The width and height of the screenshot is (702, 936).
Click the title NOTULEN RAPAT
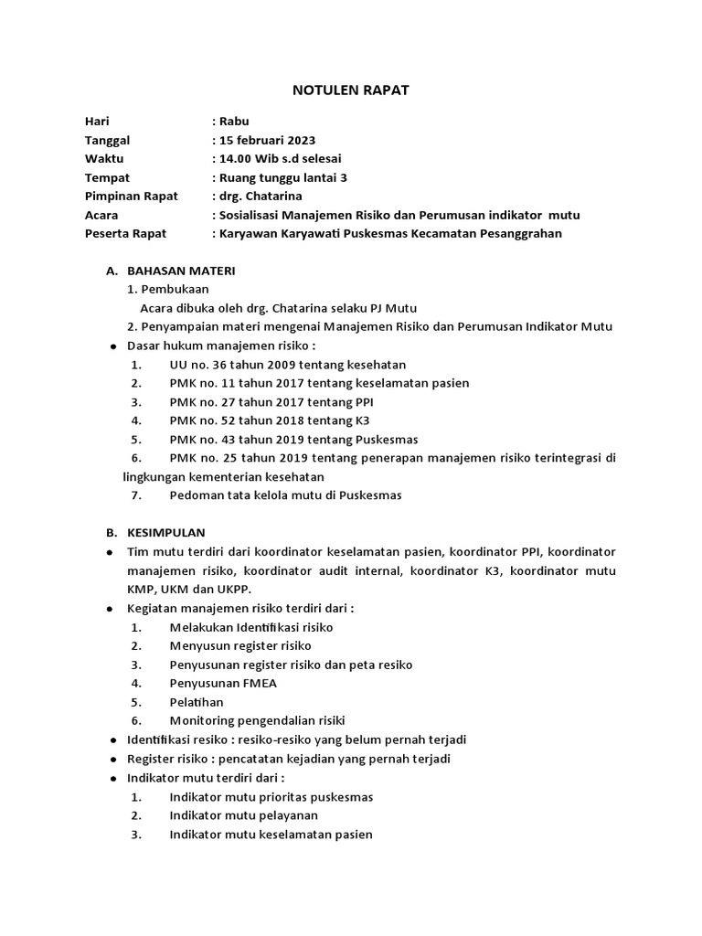click(350, 90)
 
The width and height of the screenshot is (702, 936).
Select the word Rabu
click(233, 122)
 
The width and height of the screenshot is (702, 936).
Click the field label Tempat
click(107, 177)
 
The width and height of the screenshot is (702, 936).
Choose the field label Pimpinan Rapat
click(131, 197)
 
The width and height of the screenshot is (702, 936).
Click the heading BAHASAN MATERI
click(181, 271)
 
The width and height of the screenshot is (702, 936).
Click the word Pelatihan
click(197, 702)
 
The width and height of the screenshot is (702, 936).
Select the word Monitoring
click(202, 720)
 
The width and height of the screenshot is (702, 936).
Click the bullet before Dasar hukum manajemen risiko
click(113, 346)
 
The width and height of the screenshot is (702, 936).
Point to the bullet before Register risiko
click(113, 759)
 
